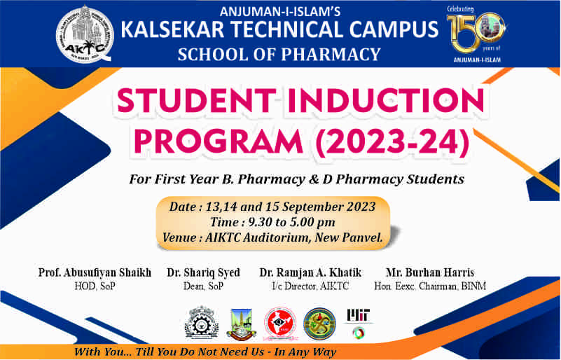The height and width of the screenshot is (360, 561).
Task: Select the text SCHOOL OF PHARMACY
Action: (279, 54)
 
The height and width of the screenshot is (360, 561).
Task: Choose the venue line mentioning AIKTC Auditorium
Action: (272, 237)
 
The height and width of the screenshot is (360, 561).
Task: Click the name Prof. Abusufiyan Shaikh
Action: (95, 272)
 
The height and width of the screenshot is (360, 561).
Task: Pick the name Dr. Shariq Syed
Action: (203, 272)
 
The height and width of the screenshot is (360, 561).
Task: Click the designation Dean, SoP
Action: (203, 286)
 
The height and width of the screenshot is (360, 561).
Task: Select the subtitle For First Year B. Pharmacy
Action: (297, 179)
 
